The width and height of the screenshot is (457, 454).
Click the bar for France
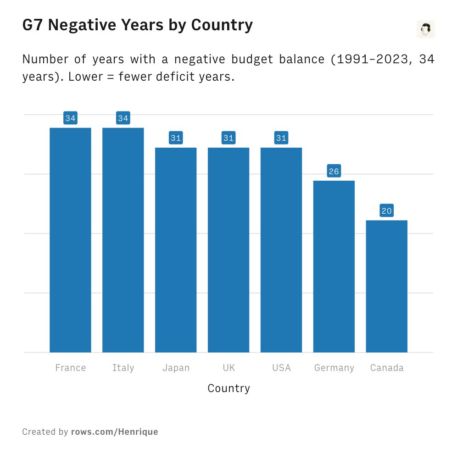click(x=70, y=240)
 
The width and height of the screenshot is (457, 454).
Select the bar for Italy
click(x=123, y=240)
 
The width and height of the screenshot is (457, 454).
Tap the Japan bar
click(x=176, y=250)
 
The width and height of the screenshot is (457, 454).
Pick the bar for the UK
click(x=228, y=250)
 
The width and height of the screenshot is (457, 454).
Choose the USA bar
click(x=281, y=250)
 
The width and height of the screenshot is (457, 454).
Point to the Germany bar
click(x=334, y=266)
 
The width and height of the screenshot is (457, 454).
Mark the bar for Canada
click(x=387, y=286)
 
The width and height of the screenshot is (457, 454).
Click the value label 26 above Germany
click(x=334, y=172)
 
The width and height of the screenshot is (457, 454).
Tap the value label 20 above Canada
click(x=387, y=211)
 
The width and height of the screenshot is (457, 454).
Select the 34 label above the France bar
click(x=70, y=118)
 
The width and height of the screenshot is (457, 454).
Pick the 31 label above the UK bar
click(x=228, y=138)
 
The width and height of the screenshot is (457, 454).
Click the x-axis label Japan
click(x=176, y=368)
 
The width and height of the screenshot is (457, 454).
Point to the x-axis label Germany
click(x=334, y=368)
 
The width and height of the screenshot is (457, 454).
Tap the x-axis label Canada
click(x=387, y=368)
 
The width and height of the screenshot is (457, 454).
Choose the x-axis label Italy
click(x=123, y=368)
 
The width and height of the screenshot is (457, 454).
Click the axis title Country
click(x=228, y=388)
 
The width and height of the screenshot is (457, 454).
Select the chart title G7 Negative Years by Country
click(x=137, y=25)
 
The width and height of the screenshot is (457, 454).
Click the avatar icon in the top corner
click(x=425, y=29)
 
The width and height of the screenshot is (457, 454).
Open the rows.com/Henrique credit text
click(x=114, y=432)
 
